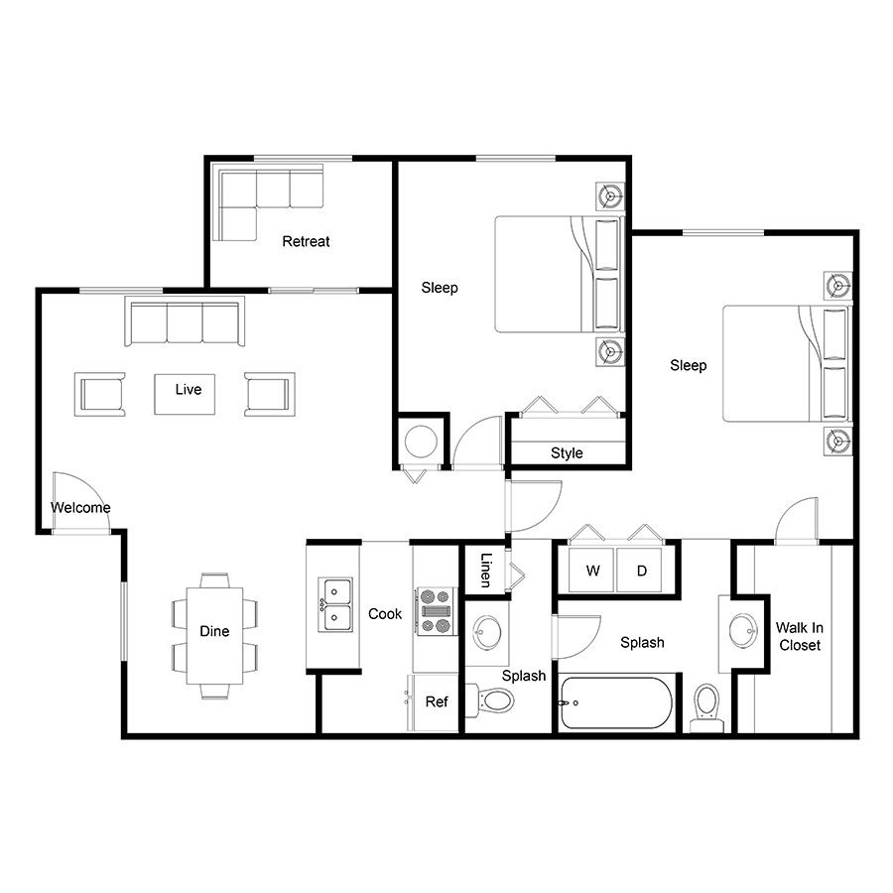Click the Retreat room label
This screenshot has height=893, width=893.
pos(306,241)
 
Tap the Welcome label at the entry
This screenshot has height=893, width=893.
pos(80,507)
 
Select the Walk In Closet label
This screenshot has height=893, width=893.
pos(800,636)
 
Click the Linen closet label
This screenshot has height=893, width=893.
pos(485,571)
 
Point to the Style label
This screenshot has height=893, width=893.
pos(567,452)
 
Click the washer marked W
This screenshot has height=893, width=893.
pos(591,571)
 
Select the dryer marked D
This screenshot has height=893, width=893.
pos(639,571)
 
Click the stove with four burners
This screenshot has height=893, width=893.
pos(437,611)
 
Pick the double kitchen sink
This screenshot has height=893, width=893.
pos(335,604)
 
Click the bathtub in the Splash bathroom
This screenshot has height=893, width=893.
pos(616,702)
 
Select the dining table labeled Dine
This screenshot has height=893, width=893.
pos(214,636)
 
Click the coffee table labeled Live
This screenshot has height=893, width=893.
pos(185,394)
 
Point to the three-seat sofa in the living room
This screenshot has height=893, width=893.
pos(185,321)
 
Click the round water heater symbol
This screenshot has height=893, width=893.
pos(421,442)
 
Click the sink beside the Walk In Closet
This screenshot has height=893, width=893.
pos(744,630)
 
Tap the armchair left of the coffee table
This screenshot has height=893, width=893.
pos(99,394)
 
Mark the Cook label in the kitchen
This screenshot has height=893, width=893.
pos(385,614)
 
